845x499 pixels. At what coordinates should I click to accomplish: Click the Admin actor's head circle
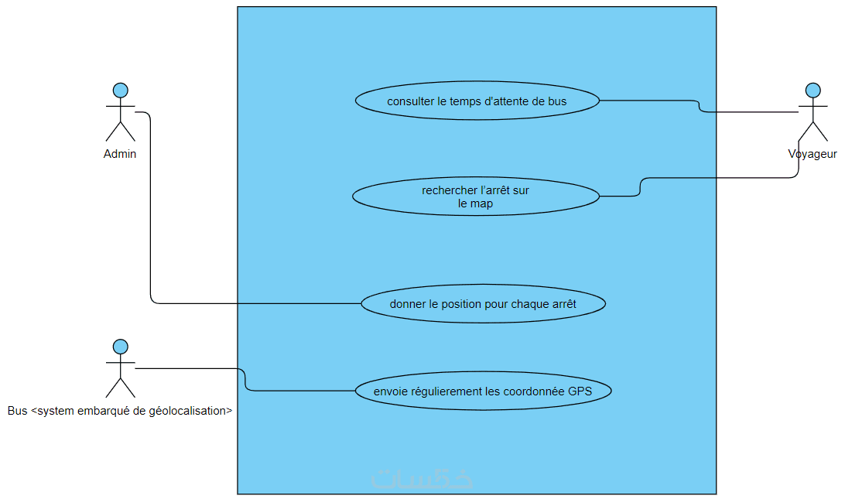point(120,90)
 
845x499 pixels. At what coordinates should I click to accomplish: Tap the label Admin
point(120,154)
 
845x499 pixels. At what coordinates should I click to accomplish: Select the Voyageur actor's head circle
point(812,90)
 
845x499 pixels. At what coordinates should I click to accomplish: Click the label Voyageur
point(812,154)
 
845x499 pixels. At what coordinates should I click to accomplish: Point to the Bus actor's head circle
point(120,346)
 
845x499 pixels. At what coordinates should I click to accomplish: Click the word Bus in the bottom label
point(17,411)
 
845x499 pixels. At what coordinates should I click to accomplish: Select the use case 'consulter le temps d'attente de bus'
point(477,101)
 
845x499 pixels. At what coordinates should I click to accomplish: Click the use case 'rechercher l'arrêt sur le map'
point(475,197)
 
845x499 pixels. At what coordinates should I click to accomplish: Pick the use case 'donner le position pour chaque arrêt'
point(483,304)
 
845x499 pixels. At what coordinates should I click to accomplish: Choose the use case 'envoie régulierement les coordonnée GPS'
point(483,391)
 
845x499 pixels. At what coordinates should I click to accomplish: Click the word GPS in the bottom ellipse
point(580,391)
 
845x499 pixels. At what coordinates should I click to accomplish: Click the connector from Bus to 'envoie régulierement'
point(302,391)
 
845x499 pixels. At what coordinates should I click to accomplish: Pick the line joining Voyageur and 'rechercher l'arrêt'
point(720,179)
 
